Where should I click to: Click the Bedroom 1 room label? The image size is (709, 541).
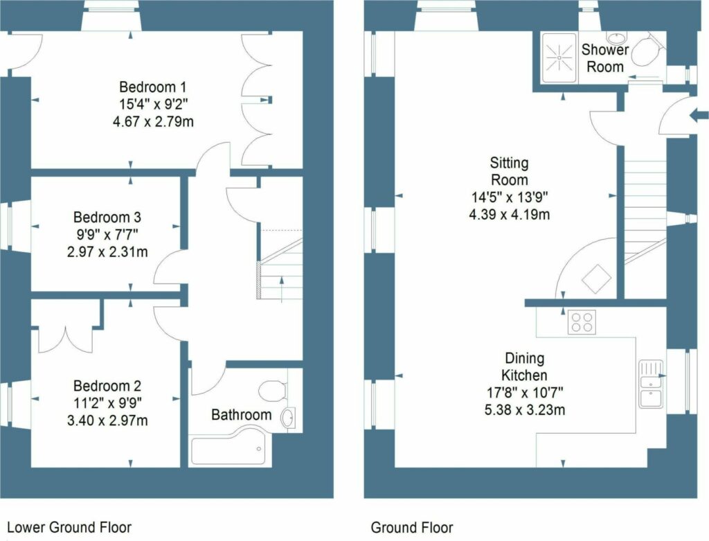[x=152, y=87]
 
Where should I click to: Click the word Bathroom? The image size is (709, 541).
[x=241, y=415]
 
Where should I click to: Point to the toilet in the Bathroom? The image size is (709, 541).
[x=273, y=390]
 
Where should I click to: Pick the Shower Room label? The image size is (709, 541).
[x=605, y=58]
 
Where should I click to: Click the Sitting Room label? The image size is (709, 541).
[x=509, y=172]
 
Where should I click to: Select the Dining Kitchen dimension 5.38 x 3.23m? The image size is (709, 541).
[x=525, y=409]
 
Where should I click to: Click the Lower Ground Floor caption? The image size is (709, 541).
[x=69, y=527]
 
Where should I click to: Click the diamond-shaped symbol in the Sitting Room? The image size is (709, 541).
[x=596, y=280]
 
